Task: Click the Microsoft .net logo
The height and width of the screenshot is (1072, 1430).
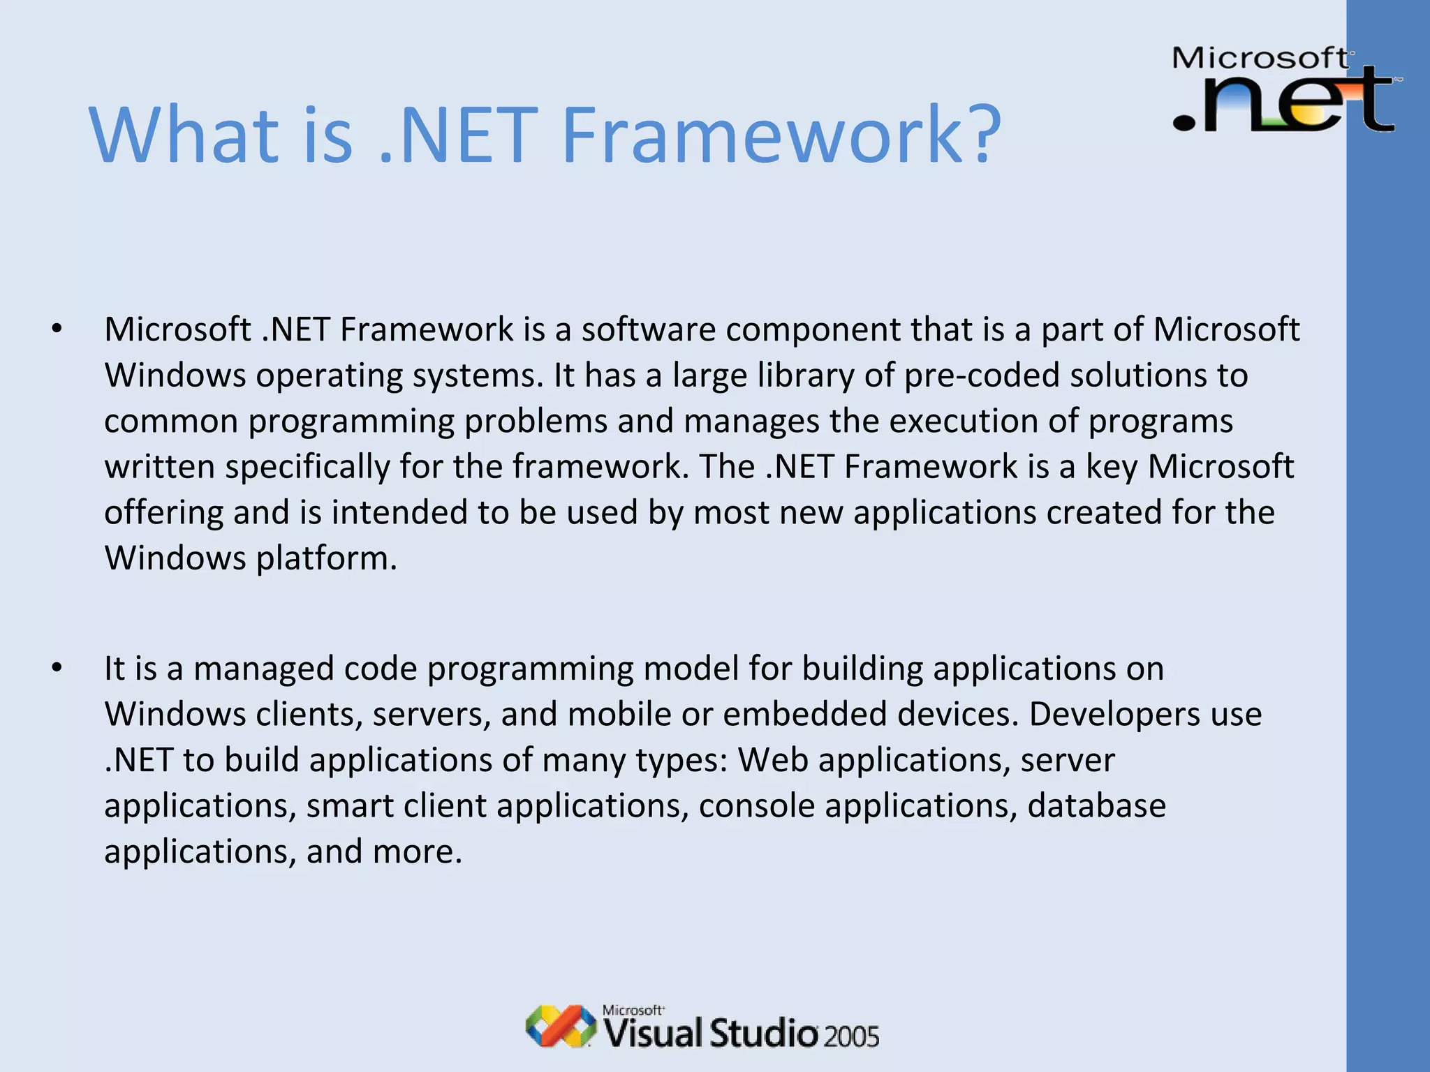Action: (1285, 89)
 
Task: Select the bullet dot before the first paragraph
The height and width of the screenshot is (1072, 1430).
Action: (57, 329)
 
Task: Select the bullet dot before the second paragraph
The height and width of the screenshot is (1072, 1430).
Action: (57, 668)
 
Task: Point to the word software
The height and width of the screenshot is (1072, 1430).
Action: (649, 329)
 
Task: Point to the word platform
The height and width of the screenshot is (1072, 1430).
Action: (326, 559)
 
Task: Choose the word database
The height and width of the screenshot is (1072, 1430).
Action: (1096, 806)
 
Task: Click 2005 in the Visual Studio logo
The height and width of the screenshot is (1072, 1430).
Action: (850, 1036)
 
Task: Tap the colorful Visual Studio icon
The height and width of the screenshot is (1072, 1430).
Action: (560, 1026)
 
